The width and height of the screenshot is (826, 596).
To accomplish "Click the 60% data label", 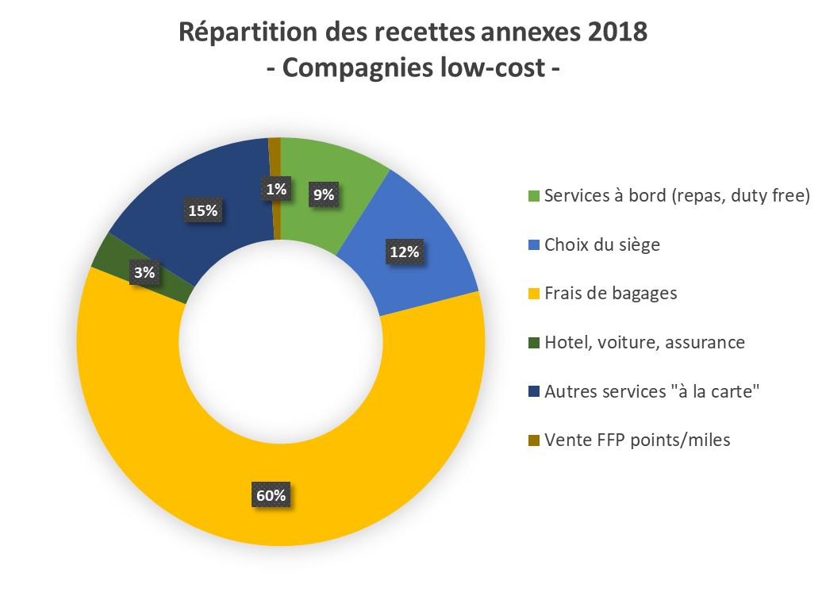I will pos(271,494).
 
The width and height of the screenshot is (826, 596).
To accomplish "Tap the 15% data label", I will pos(204,210).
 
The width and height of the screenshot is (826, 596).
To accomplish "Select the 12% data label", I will pos(403,252).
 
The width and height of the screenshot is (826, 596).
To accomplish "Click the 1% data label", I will pos(275,188).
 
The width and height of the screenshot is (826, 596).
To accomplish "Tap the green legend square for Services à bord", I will pos(533,196).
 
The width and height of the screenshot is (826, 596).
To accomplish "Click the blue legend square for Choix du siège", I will pos(533,244).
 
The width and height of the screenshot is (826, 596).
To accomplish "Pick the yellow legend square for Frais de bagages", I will pos(533,294).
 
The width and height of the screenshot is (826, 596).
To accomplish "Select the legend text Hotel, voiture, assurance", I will pos(644,342).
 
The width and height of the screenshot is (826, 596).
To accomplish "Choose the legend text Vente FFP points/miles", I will pos(637,440).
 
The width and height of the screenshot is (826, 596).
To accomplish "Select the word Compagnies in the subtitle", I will pos(355,67).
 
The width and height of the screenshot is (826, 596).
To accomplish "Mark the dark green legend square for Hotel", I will pos(533,342).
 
